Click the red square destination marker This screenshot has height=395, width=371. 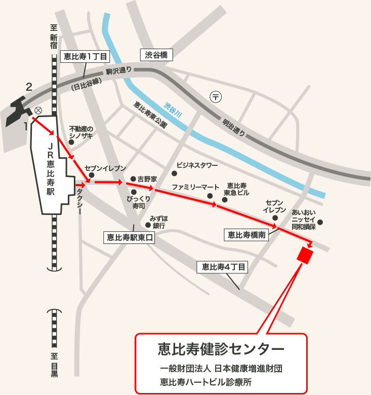[305, 256]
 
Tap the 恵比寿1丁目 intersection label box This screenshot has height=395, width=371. [85, 57]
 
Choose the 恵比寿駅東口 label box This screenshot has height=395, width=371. [130, 237]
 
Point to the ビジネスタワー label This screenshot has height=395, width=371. [197, 166]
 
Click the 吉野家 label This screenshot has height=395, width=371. [147, 179]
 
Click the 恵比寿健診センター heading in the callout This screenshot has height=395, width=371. [221, 349]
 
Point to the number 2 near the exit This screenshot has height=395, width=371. [29, 87]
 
